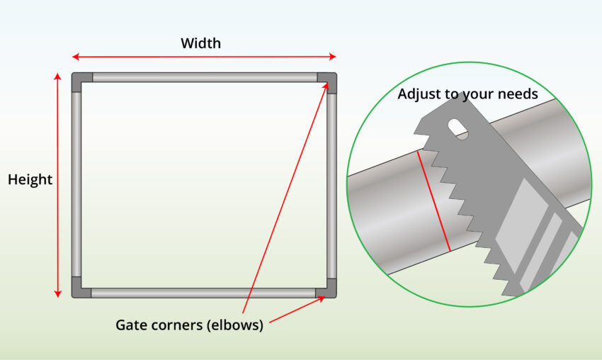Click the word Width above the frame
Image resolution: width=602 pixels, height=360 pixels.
pos(200,43)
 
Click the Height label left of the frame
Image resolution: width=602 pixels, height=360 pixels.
pos(30,180)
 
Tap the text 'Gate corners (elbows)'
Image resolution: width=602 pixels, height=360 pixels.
pos(189,326)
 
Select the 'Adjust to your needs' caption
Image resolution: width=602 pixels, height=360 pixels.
pos(467,94)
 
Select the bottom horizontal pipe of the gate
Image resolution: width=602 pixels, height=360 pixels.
pos(204,292)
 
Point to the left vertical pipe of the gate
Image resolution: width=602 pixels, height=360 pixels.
pos(76,184)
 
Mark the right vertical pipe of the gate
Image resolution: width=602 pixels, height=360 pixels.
pos(331,184)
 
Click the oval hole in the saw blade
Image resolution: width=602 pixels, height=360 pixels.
pos(458,128)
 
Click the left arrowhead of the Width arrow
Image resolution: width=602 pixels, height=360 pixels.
pos(76,57)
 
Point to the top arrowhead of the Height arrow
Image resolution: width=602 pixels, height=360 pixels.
pos(58,76)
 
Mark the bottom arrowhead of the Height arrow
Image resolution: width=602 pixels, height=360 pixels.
pos(58,293)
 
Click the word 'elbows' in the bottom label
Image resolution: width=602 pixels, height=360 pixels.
pos(237,326)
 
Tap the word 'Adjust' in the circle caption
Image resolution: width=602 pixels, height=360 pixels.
pos(418,94)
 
